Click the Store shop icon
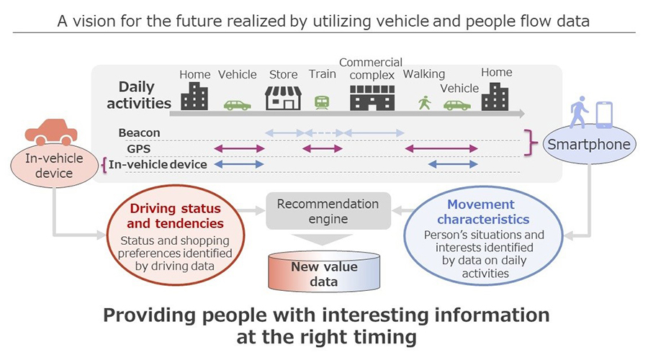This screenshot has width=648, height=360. [283, 98]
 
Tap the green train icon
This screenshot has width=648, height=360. [322, 102]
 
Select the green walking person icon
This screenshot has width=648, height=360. [425, 103]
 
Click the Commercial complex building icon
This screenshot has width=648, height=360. [372, 96]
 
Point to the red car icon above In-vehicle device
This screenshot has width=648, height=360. [51, 132]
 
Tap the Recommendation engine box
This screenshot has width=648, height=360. [328, 211]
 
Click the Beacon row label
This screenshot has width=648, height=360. [140, 133]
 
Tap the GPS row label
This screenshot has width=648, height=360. [138, 148]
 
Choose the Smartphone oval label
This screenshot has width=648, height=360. [589, 145]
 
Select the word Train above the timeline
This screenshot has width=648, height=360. [322, 73]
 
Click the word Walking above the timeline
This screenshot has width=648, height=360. [424, 73]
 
